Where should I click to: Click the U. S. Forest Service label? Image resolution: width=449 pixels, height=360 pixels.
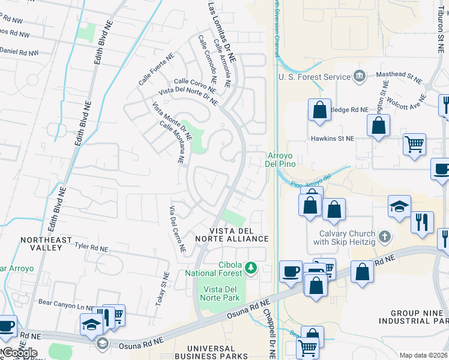click(314, 77)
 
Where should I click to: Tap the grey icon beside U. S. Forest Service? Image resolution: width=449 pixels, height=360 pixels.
click(359, 76)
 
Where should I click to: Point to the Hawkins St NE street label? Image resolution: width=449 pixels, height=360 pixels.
click(333, 138)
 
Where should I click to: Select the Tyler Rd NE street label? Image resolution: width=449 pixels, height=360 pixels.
click(91, 247)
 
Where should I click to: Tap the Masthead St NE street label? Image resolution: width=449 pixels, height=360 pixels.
click(399, 76)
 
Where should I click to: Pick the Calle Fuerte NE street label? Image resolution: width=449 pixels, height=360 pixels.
click(155, 70)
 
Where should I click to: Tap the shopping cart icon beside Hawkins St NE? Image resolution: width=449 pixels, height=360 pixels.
click(414, 145)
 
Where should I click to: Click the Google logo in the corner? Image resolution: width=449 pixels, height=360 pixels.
click(19, 353)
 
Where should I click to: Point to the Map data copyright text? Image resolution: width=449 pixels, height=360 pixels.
click(423, 355)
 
